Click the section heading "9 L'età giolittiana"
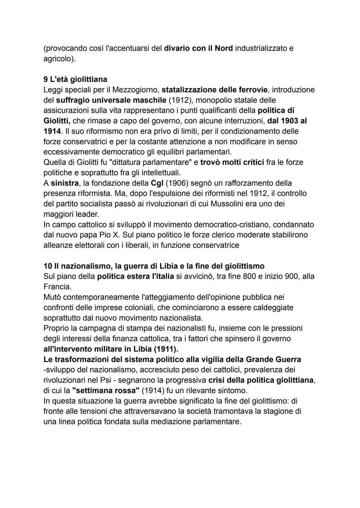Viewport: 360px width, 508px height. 75,79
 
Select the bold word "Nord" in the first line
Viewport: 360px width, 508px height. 224,48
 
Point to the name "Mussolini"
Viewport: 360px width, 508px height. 227,204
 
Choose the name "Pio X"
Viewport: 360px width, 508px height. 109,235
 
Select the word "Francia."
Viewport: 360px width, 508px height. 57,286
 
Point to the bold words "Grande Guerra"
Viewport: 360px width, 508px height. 274,359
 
